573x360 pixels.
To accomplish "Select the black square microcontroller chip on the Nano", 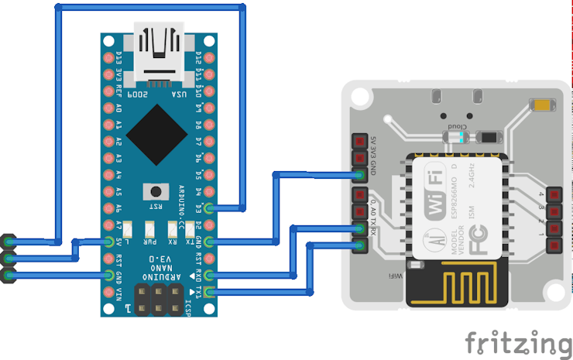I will click(158, 131).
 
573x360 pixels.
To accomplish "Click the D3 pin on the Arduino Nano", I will click(211, 207).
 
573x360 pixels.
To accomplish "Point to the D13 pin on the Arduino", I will click(107, 55).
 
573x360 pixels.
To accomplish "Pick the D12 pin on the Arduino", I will click(211, 55).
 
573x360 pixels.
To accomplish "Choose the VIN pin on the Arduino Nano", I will click(107, 293).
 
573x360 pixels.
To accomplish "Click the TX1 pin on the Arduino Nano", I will click(211, 293).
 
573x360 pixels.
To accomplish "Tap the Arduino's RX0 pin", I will click(211, 276).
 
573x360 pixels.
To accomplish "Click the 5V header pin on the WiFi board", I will click(359, 142).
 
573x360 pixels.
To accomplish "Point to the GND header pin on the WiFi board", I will click(359, 175).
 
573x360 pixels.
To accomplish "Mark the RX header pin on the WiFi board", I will click(359, 247).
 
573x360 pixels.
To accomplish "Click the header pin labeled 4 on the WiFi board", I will click(554, 194).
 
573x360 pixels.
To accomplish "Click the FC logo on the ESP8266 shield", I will click(437, 240).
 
